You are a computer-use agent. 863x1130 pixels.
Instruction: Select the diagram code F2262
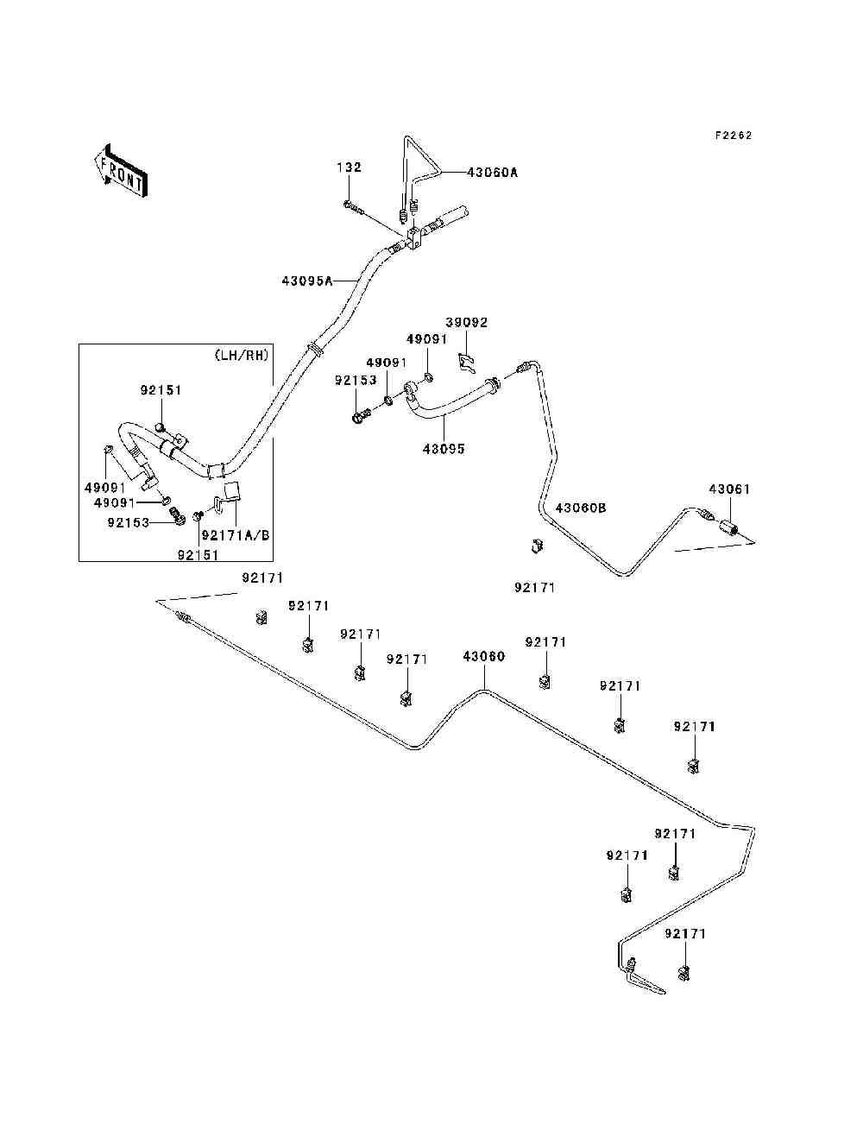[734, 136]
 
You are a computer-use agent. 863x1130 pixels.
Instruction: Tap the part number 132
[350, 167]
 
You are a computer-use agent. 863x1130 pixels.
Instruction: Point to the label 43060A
[493, 173]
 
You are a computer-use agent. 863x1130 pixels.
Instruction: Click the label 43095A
[306, 281]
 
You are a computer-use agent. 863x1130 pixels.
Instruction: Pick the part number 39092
[467, 322]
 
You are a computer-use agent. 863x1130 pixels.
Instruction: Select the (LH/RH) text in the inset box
[242, 355]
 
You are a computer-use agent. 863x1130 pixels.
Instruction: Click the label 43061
[730, 489]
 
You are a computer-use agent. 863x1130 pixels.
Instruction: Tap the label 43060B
[581, 508]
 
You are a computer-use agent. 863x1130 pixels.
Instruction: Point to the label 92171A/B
[236, 535]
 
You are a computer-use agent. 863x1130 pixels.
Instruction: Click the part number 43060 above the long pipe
[484, 656]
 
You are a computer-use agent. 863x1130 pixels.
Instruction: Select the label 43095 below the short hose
[444, 449]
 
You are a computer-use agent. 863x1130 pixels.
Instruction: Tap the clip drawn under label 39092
[467, 363]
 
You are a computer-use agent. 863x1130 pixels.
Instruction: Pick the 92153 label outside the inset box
[356, 380]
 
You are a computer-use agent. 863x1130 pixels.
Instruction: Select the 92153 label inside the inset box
[129, 522]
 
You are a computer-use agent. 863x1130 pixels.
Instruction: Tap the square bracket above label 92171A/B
[234, 491]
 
